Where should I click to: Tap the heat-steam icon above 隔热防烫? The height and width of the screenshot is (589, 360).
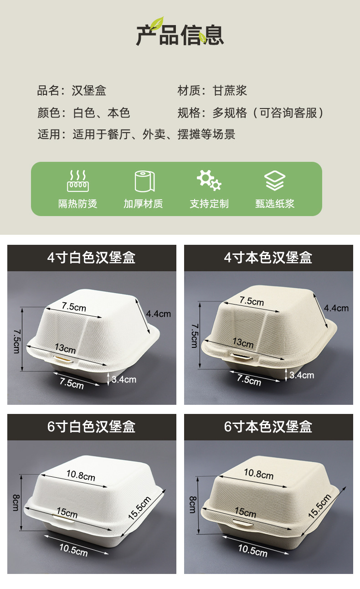(78, 181)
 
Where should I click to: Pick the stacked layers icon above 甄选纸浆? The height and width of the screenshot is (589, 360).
(275, 181)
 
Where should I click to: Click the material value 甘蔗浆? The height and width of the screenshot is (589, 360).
(230, 91)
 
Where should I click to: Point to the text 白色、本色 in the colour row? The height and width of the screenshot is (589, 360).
(102, 113)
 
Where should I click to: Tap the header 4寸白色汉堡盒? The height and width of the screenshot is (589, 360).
(92, 258)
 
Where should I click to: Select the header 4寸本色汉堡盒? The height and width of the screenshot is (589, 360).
(268, 258)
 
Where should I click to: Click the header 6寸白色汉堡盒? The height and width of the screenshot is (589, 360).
(92, 427)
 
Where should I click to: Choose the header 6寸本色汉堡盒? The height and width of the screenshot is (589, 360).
(268, 427)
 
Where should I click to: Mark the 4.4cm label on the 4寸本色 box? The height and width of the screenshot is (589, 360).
(336, 308)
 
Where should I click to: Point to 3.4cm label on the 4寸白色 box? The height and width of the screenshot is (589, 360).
(124, 379)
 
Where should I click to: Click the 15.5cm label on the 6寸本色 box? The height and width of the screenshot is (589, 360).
(319, 506)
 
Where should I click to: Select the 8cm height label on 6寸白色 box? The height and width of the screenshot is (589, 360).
(15, 502)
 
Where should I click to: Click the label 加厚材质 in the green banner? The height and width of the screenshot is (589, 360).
(143, 204)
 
